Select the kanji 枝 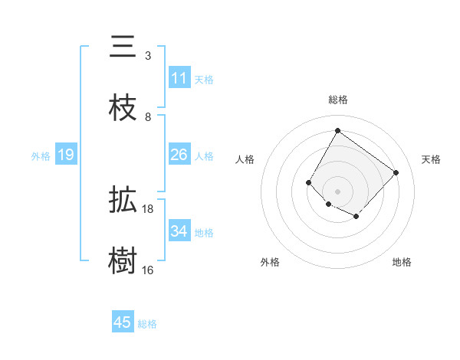123,108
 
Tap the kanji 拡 123,201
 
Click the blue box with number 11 179,78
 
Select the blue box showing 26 179,155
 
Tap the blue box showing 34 179,231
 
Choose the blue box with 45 123,322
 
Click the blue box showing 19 66,155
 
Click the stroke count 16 148,270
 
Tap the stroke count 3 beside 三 148,55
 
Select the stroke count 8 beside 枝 148,116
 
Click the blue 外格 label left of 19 41,155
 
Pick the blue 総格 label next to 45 147,324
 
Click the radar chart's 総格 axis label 337,100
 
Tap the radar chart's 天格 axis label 431,159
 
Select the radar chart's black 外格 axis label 269,262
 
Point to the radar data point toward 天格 396,172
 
